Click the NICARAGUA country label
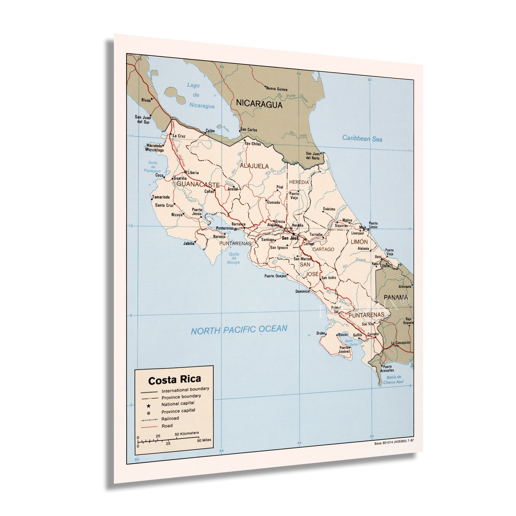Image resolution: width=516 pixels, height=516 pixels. [259, 104]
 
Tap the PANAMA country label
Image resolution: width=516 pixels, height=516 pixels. [396, 297]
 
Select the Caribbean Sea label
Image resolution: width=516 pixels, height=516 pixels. [362, 139]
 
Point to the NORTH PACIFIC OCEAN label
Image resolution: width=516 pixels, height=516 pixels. [239, 330]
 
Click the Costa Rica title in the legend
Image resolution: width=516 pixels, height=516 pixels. [174, 380]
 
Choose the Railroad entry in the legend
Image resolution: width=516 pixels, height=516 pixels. [170, 419]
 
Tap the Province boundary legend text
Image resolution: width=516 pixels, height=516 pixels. [181, 397]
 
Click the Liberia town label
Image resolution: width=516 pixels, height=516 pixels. [193, 172]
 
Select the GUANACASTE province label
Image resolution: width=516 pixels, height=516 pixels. [198, 185]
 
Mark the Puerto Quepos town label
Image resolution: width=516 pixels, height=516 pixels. [275, 276]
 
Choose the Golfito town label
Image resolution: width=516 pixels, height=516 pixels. [357, 335]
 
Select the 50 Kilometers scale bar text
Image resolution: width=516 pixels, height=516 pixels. [187, 433]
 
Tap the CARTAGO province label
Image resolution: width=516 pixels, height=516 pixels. [323, 249]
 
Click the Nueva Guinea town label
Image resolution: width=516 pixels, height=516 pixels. [277, 89]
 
